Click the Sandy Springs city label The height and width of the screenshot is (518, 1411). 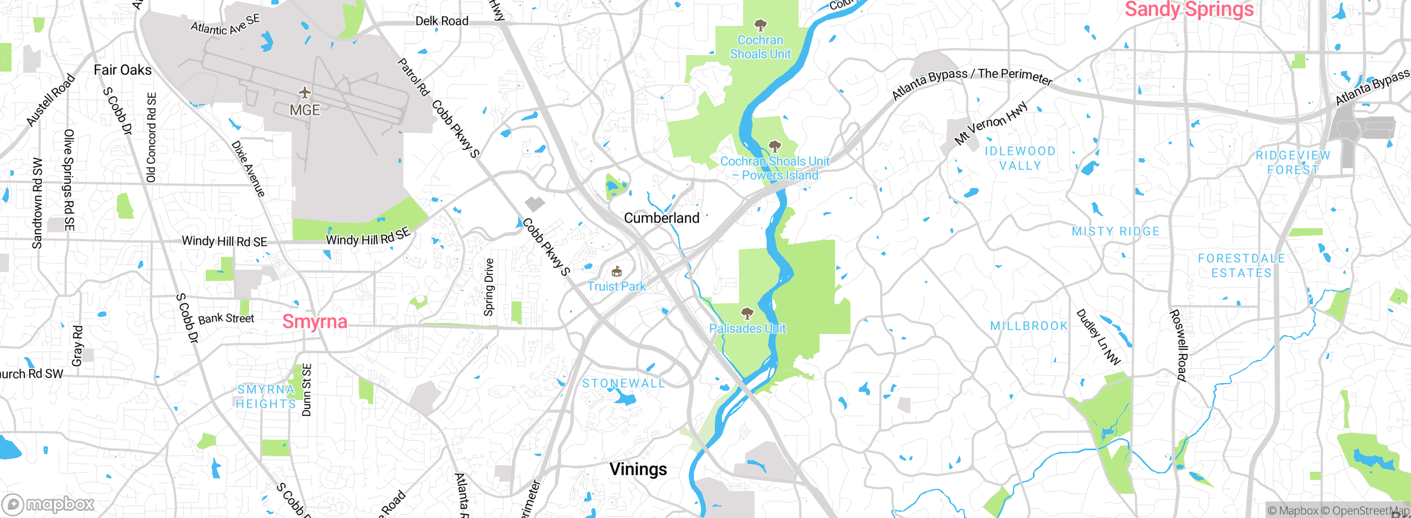pos(1189,9)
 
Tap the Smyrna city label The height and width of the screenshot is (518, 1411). pos(315,321)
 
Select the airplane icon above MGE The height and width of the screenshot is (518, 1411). pos(304,93)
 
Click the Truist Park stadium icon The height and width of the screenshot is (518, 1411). pos(617,271)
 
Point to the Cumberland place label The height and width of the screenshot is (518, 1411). pos(661,218)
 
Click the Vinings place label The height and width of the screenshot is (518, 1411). pos(638,469)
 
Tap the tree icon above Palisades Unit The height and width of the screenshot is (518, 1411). pos(747,314)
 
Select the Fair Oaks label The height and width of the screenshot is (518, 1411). pos(122,70)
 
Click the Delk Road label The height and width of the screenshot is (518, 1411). pos(441,21)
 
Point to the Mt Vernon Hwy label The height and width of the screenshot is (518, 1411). pos(991,123)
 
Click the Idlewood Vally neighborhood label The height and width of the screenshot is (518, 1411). pos(1020,158)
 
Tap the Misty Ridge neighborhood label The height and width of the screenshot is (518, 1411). pos(1116,231)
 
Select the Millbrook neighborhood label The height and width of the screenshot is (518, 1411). pos(1029,326)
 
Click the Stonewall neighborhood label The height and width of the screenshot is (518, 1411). pos(623,384)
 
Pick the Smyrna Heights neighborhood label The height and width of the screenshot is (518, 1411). pos(266,397)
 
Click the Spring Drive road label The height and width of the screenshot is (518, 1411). pos(488,287)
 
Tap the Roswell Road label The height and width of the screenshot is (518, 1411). pos(1178,346)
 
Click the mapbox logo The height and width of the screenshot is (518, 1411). pos(49,504)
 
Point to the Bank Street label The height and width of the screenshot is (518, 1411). pos(226,319)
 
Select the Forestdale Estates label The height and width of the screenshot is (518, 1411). pos(1241,266)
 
